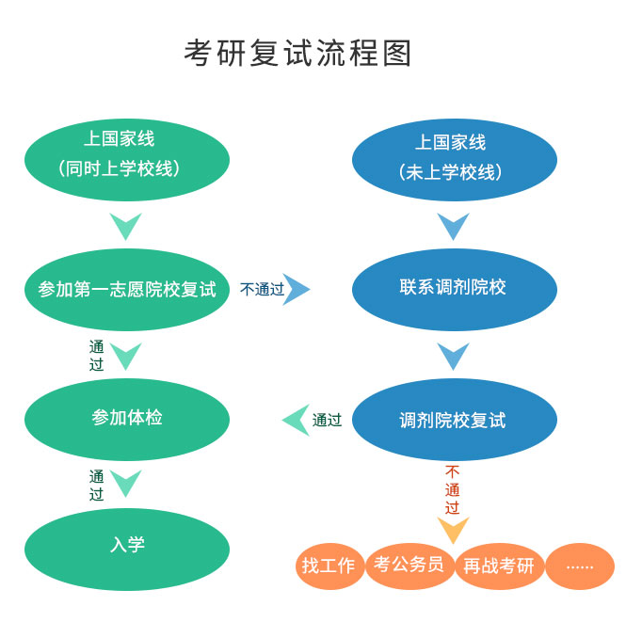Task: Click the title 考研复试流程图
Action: (298, 53)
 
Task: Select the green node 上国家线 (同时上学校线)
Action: (126, 155)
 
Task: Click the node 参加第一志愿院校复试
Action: (126, 289)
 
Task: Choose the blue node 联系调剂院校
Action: (455, 288)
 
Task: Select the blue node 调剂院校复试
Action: (455, 420)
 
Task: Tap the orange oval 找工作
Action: (329, 566)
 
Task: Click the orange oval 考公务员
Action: (409, 566)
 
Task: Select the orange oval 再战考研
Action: (499, 566)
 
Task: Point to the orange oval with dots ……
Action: (580, 566)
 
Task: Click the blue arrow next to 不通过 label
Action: (297, 289)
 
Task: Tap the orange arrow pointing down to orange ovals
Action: (453, 530)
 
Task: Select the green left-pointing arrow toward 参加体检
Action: (296, 420)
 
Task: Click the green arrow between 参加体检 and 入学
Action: (126, 483)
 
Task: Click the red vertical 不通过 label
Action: (453, 489)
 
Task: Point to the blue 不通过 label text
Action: (262, 290)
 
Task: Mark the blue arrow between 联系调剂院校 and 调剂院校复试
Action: (453, 356)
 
